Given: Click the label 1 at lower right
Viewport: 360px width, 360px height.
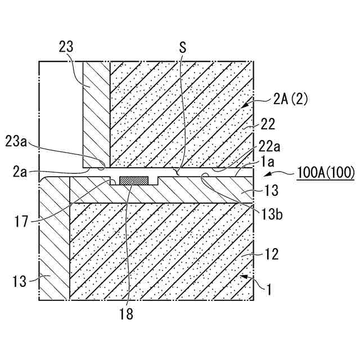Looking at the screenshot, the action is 270,291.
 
